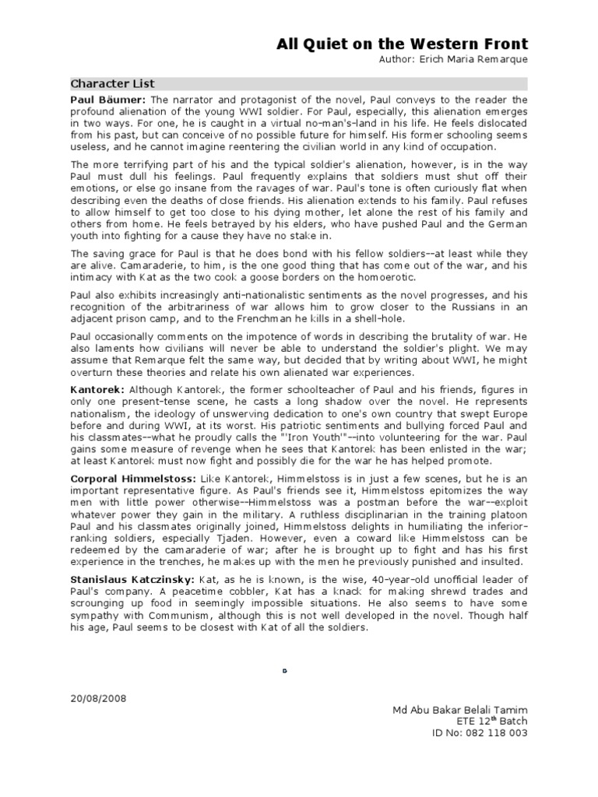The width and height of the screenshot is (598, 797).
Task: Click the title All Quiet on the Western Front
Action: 402,44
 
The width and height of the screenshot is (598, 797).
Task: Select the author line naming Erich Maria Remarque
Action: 453,59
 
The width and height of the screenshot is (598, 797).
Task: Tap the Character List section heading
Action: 113,83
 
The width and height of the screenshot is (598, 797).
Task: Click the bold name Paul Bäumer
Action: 108,100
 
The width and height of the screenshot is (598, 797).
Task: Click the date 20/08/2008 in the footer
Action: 97,698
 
